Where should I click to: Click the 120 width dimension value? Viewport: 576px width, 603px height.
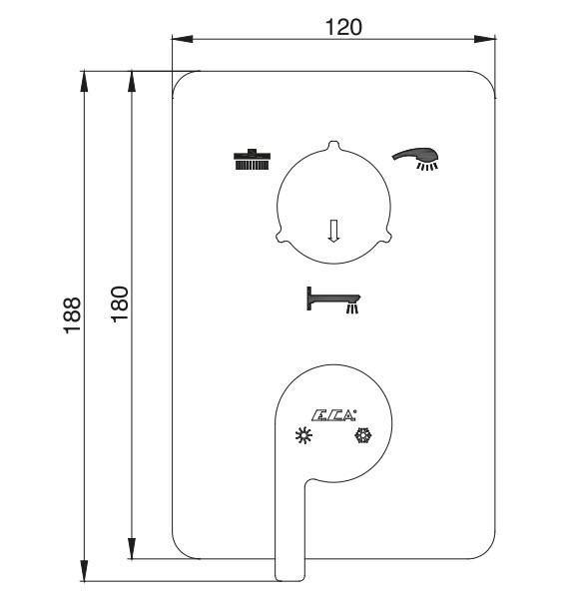pyautogui.click(x=343, y=27)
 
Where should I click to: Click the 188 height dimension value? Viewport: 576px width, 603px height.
pyautogui.click(x=72, y=314)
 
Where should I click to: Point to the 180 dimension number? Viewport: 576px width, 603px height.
pyautogui.click(x=120, y=304)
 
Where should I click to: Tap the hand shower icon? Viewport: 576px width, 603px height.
pyautogui.click(x=416, y=158)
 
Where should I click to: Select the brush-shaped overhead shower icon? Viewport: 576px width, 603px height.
pyautogui.click(x=252, y=159)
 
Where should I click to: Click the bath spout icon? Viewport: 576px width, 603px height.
pyautogui.click(x=333, y=300)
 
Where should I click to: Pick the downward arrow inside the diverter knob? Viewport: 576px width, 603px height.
pyautogui.click(x=333, y=231)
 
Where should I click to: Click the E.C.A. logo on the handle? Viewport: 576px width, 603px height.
pyautogui.click(x=333, y=415)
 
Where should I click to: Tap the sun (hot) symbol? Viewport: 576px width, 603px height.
pyautogui.click(x=303, y=435)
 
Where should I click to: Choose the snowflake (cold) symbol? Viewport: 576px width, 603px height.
pyautogui.click(x=363, y=435)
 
